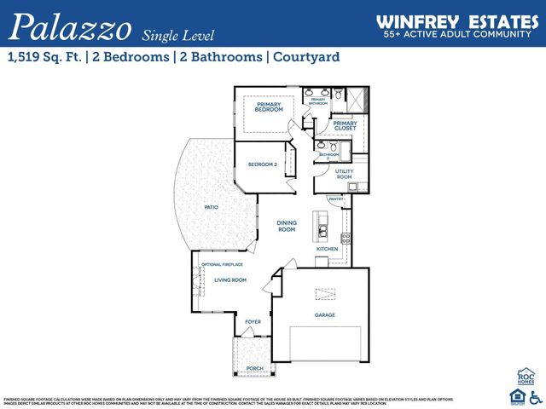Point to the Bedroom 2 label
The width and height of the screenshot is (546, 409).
coord(262,164)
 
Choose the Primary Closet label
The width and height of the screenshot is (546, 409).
coord(345,126)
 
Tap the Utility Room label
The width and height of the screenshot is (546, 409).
coord(344,174)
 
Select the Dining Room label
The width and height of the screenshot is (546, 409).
coord(287,226)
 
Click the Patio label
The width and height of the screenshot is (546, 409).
coord(211,207)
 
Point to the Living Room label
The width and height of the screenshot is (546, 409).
coord(229,279)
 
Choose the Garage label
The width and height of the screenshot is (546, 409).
coord(324,315)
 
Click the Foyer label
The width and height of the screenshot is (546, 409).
coord(253,321)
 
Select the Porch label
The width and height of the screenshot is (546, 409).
coord(254,368)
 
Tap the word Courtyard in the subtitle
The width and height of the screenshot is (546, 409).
coord(307,57)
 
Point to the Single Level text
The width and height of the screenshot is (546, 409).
coord(178,34)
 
